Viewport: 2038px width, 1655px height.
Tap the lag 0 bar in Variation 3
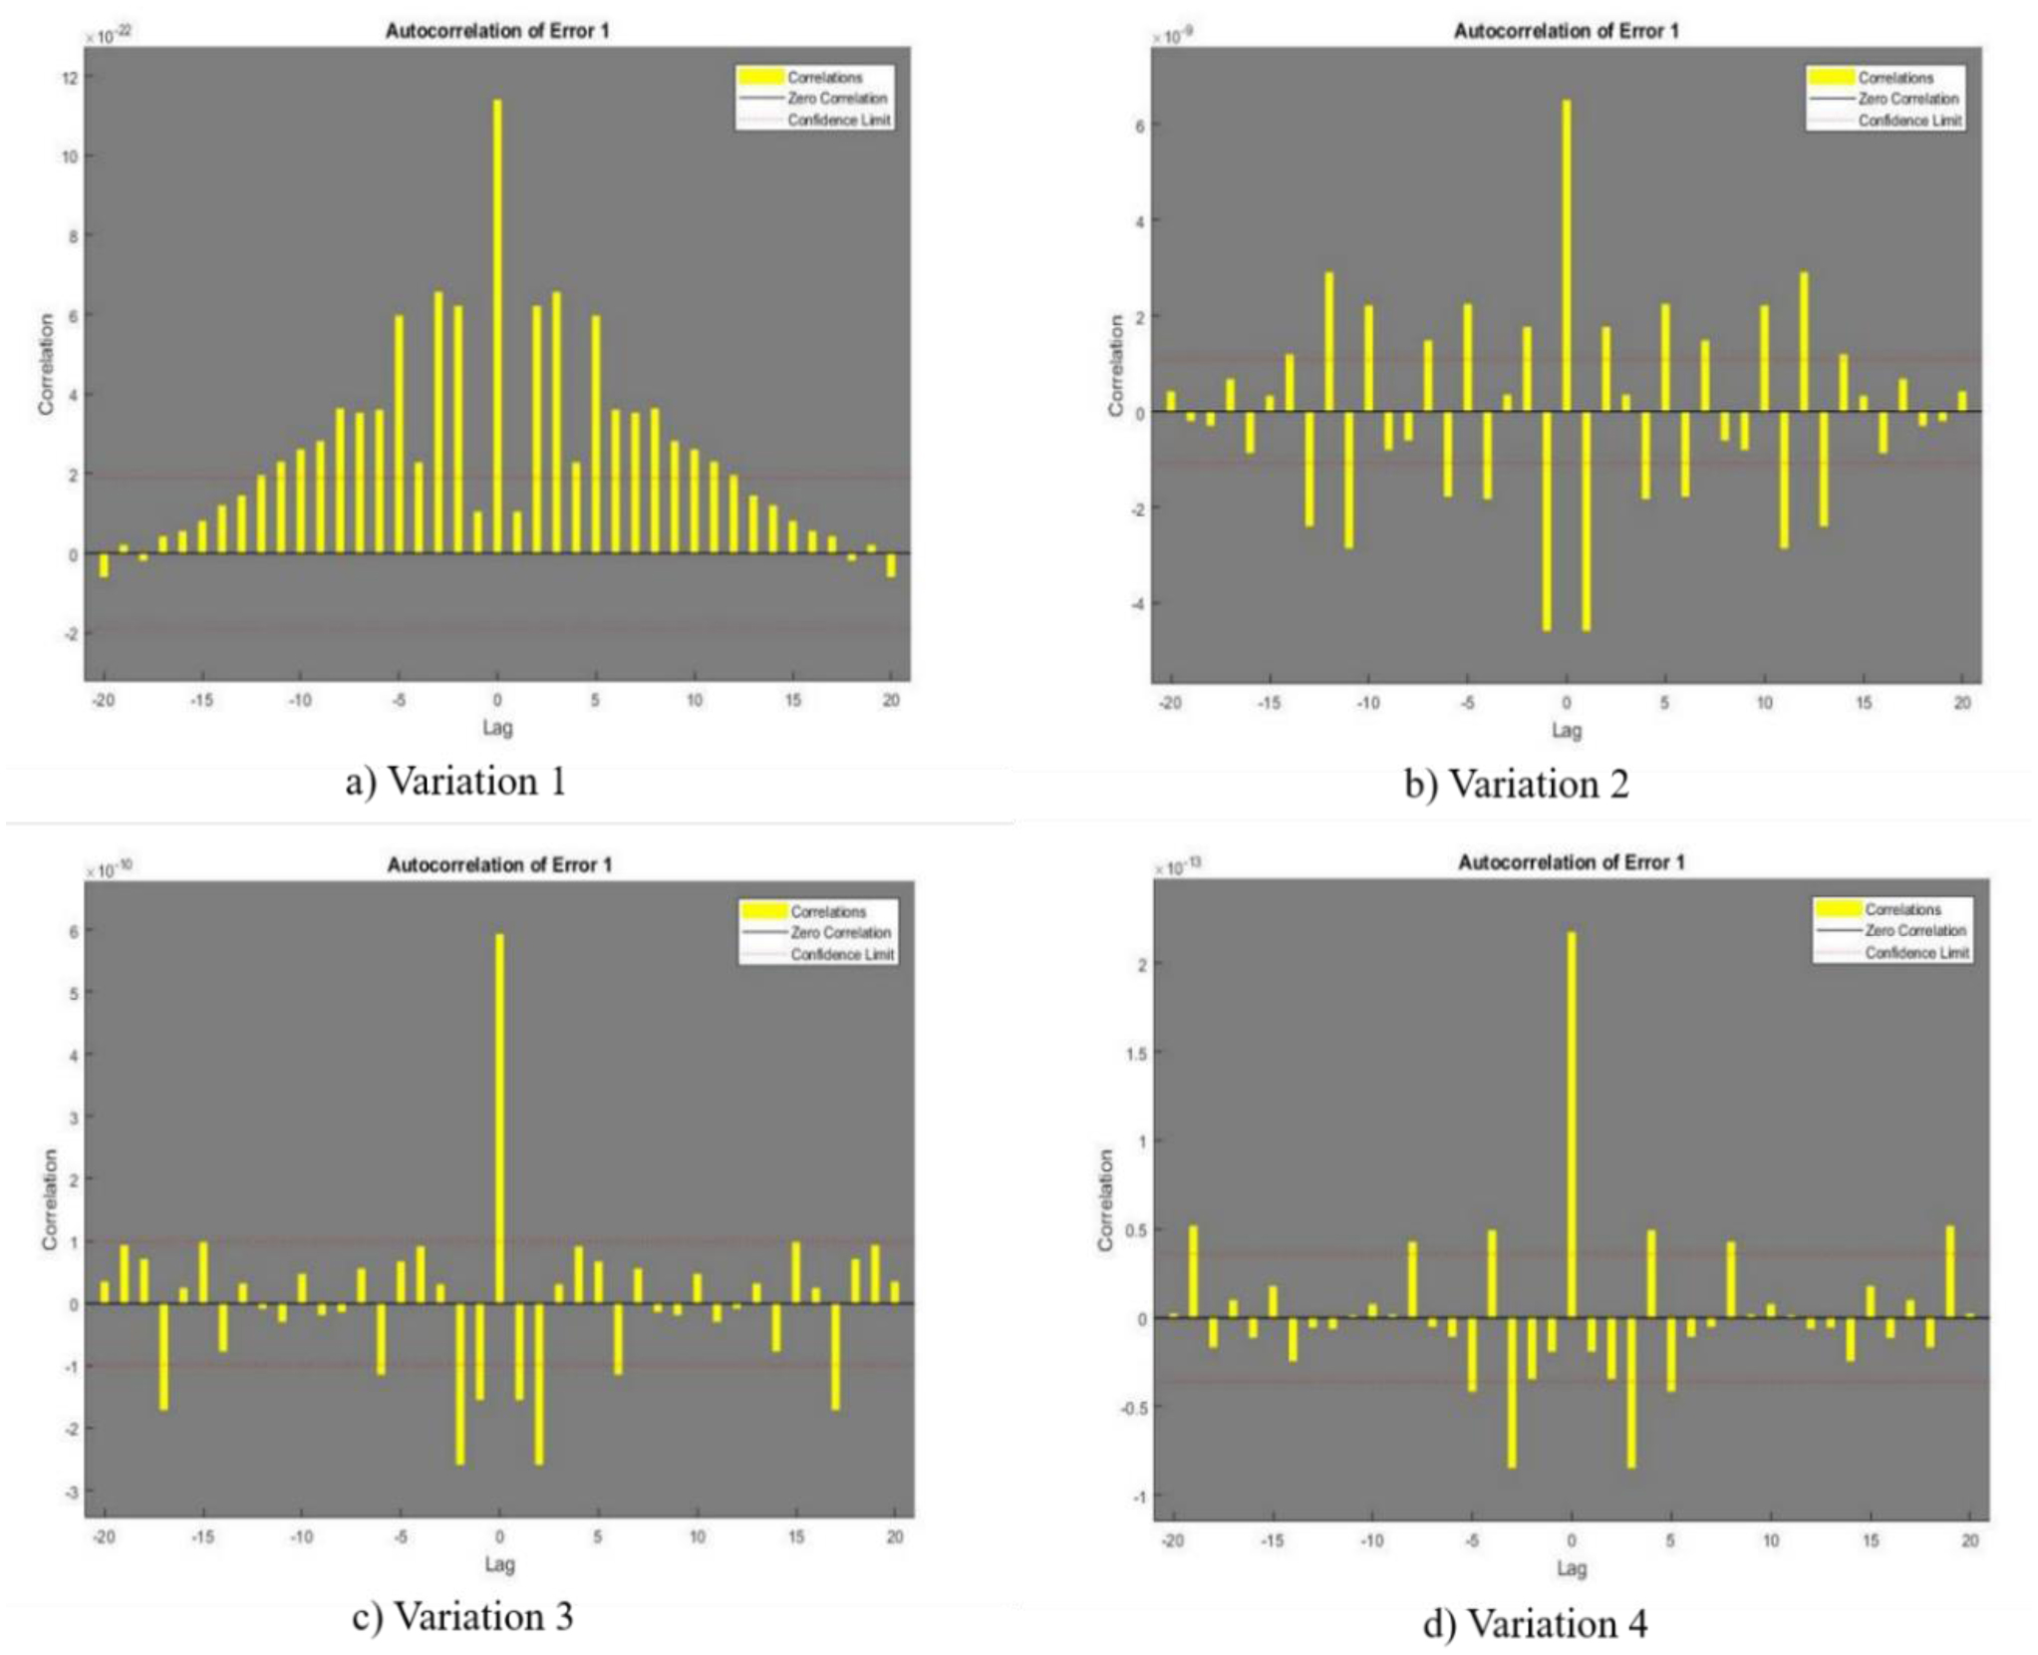click(x=499, y=1118)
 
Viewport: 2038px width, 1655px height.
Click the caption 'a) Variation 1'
click(x=455, y=781)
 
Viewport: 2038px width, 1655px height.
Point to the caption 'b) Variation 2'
click(x=1516, y=784)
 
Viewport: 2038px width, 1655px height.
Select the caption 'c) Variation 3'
click(x=462, y=1616)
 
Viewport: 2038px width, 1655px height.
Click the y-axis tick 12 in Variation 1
click(x=69, y=77)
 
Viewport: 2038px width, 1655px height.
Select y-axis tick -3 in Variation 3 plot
click(x=72, y=1491)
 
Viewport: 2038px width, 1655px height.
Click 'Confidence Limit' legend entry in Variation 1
click(x=838, y=120)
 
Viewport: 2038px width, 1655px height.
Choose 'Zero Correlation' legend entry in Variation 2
click(x=1907, y=99)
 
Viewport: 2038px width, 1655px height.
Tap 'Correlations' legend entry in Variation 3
click(x=828, y=911)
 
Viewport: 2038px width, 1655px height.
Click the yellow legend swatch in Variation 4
click(x=1838, y=909)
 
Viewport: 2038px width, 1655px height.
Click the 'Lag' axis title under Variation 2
click(x=1566, y=730)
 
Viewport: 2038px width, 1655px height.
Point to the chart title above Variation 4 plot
click(x=1571, y=861)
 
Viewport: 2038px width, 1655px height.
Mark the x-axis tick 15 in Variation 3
click(x=795, y=1536)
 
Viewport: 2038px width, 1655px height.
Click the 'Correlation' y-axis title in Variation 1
click(x=46, y=364)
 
